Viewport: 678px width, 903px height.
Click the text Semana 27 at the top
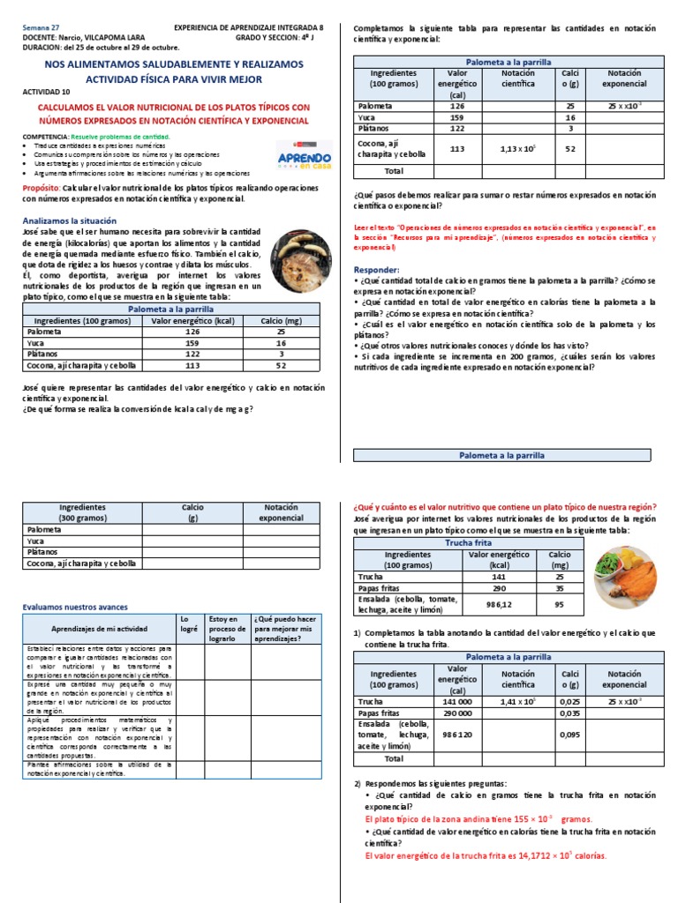40,27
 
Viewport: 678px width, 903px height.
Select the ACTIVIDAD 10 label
42,92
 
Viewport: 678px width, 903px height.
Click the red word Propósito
41,189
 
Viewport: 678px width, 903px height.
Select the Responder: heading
375,269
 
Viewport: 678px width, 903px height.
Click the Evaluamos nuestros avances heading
75,607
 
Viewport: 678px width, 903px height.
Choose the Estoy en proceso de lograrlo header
227,629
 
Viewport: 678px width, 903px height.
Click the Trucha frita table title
469,543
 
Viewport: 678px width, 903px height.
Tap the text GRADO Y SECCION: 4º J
277,38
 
